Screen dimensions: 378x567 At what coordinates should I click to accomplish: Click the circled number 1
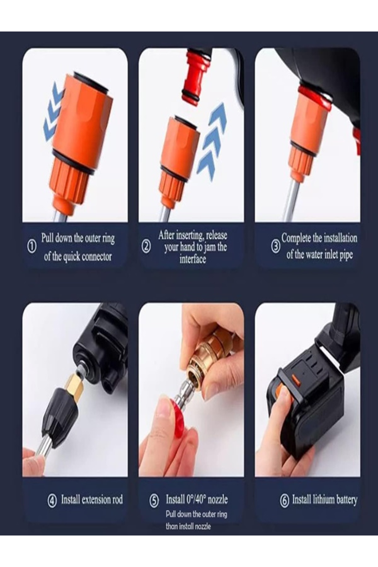pos(31,247)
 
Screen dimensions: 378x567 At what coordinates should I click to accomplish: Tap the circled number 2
pos(146,247)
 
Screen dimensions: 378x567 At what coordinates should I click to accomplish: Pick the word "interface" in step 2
pos(193,259)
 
